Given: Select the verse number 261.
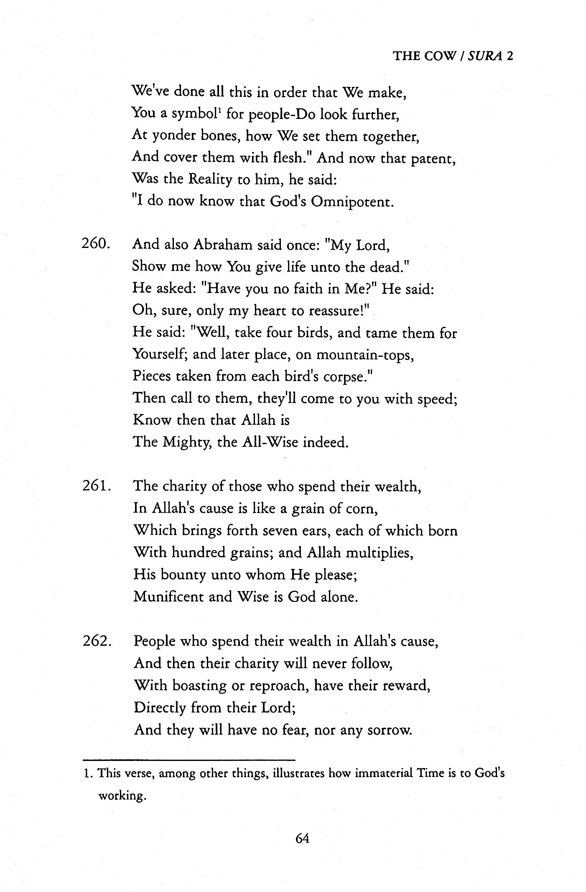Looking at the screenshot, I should [96, 486].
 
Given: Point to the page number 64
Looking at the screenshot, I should [302, 838].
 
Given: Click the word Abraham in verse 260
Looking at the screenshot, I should [222, 245].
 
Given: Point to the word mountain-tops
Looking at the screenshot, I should [365, 355].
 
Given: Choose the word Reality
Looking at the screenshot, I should [210, 180].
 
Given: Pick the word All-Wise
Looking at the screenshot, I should [270, 442].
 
